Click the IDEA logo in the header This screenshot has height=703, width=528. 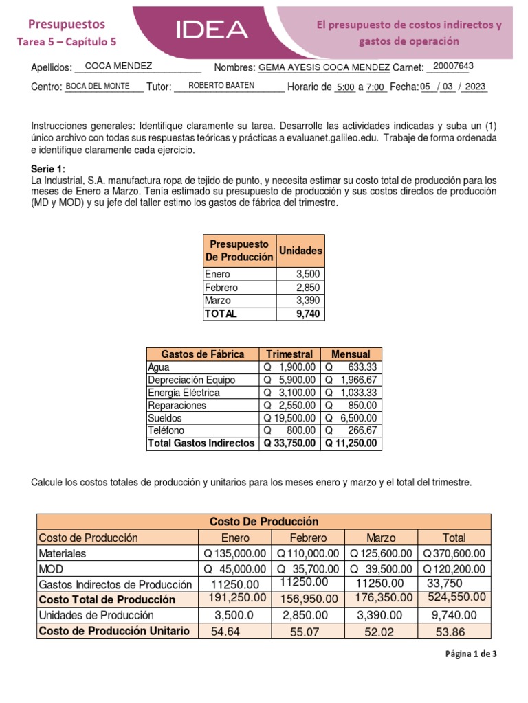[212, 29]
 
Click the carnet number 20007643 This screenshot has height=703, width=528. [450, 66]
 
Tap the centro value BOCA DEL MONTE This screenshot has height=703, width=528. [97, 86]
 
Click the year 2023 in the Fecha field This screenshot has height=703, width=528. [475, 87]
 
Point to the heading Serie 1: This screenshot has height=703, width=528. [47, 169]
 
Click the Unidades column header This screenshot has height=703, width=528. [300, 251]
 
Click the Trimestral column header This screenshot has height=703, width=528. [289, 354]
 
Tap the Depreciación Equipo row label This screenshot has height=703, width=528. [191, 380]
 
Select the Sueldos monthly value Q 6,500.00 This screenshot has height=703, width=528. [351, 417]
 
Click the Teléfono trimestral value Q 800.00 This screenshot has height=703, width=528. [289, 430]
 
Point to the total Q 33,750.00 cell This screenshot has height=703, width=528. [289, 443]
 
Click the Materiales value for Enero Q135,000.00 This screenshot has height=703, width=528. [235, 553]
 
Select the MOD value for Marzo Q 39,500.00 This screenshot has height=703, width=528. [381, 569]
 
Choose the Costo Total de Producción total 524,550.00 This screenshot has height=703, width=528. [456, 598]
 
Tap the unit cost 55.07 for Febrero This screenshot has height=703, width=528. [305, 632]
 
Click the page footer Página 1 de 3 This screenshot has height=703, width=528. [470, 654]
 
